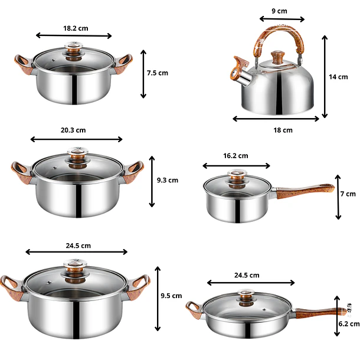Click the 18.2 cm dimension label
point(76,28)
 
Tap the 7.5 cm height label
point(158,73)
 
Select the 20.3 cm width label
point(73,130)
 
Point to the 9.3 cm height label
point(168,180)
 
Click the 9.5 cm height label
point(171,296)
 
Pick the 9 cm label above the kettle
point(279,11)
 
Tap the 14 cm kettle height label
point(338,77)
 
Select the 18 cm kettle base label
point(283,130)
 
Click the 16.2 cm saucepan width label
point(235,156)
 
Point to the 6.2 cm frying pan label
point(349,324)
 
